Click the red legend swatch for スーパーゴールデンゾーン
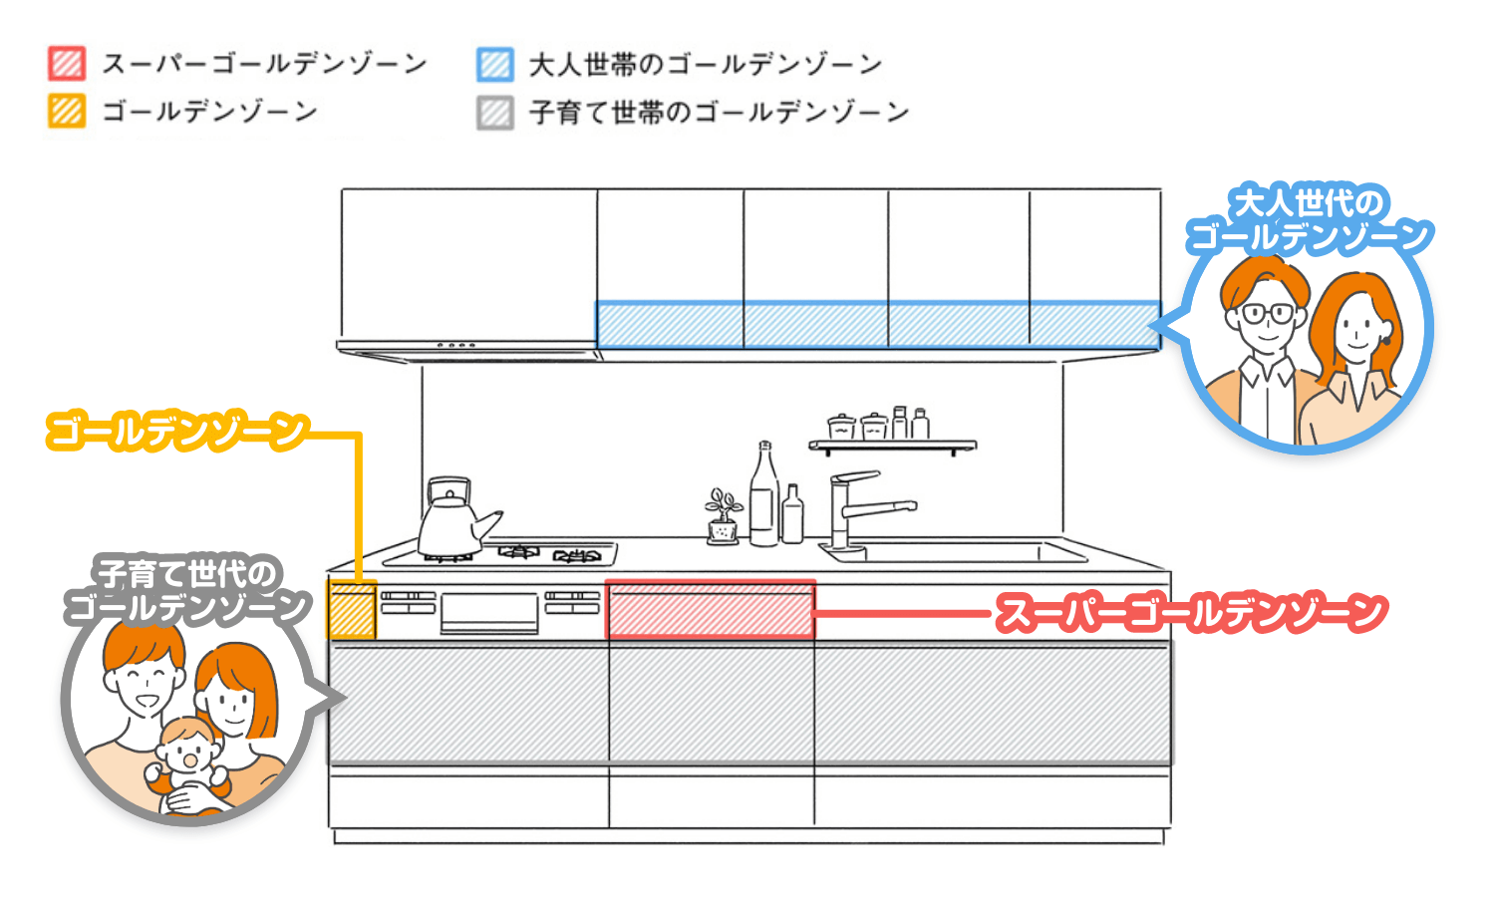pos(67,64)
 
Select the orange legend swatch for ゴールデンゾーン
pos(67,111)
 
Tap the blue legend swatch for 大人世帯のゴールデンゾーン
pos(495,64)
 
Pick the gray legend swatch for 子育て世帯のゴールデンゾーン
pos(495,112)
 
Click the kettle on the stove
pos(451,518)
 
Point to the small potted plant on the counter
pos(724,516)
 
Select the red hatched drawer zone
pos(711,610)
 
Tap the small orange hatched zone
pos(352,610)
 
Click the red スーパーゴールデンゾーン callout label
pos(1192,612)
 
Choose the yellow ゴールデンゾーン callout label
pos(177,432)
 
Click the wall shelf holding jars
pos(892,445)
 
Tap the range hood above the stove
pos(468,348)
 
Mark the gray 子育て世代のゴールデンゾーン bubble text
pos(186,590)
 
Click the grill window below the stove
pos(489,611)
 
